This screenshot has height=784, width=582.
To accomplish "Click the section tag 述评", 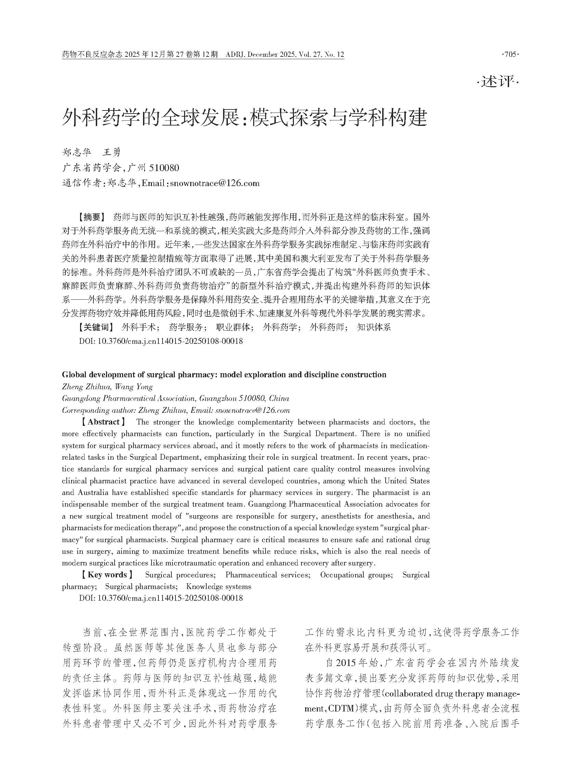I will pyautogui.click(x=498, y=82).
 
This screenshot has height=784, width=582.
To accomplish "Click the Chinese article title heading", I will pyautogui.click(x=245, y=118).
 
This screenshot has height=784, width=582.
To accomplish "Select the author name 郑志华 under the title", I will pyautogui.click(x=76, y=152).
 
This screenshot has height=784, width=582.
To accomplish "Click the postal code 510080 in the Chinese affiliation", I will pyautogui.click(x=164, y=168).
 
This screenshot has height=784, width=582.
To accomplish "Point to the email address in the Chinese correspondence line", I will pyautogui.click(x=215, y=183).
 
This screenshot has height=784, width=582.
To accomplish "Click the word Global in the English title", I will pyautogui.click(x=73, y=375).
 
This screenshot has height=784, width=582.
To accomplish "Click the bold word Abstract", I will pyautogui.click(x=103, y=422).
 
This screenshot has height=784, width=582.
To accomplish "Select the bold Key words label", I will pyautogui.click(x=107, y=575).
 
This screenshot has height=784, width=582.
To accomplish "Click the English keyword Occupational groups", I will pyautogui.click(x=356, y=575).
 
